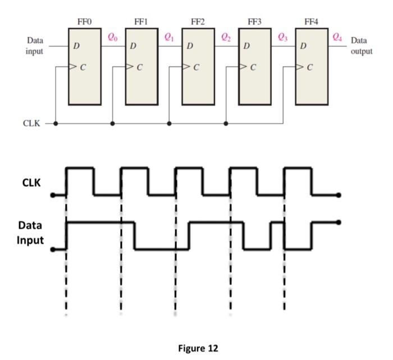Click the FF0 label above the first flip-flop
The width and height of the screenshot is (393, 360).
[84, 21]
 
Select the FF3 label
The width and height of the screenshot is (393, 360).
[254, 21]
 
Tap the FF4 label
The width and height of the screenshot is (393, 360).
[311, 21]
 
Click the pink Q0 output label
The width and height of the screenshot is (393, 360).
[113, 37]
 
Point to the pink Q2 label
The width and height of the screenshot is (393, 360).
[226, 37]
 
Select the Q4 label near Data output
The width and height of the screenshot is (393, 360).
[337, 37]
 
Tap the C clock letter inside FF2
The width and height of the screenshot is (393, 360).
[196, 68]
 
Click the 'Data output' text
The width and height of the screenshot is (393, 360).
[361, 46]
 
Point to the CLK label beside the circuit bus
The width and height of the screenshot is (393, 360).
[31, 124]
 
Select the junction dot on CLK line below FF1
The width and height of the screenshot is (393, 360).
[112, 124]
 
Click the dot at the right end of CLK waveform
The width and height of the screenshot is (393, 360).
[339, 195]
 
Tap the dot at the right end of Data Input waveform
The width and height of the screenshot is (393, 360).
[339, 222]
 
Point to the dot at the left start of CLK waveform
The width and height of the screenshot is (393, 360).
[53, 195]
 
